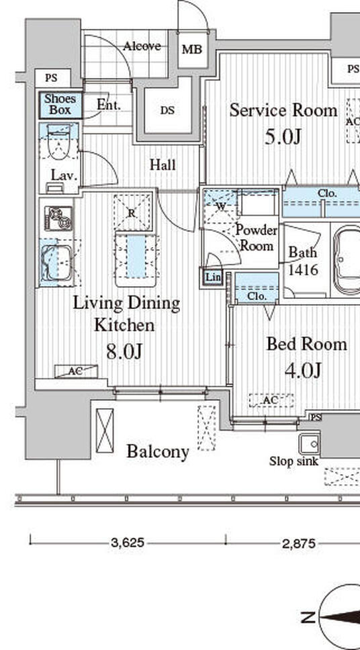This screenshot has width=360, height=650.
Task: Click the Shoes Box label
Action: [x=60, y=105]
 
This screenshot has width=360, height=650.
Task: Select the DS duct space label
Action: [x=167, y=110]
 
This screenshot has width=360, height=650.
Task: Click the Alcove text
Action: [x=142, y=46]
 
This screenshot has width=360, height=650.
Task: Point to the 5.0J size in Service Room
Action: [x=282, y=137]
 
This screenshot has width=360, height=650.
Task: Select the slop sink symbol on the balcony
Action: [x=310, y=445]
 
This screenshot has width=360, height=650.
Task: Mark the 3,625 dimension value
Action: [x=128, y=543]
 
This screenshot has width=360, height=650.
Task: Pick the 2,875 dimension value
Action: [x=298, y=543]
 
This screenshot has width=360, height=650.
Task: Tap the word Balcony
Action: [x=158, y=451]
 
